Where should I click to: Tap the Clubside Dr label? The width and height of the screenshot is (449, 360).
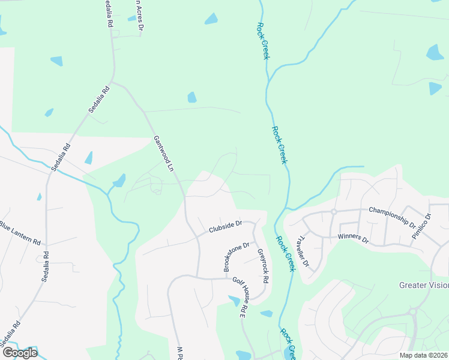pos(225,227)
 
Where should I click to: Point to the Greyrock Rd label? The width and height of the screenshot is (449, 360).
pos(262,267)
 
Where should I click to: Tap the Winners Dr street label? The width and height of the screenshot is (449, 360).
pos(353,238)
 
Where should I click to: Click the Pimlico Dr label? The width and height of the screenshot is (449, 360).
pos(421,228)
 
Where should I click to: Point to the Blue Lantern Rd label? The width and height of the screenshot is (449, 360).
pos(20,235)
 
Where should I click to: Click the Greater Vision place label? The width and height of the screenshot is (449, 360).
pos(424,286)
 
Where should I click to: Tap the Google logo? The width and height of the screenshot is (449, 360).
pos(19,353)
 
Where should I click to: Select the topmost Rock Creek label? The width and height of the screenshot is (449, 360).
pos(262,40)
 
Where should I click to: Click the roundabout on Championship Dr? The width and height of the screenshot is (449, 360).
pos(334,212)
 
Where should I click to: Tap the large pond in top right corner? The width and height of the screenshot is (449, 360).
pos(435,52)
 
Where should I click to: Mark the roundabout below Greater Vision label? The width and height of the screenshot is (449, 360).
pos(413,311)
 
